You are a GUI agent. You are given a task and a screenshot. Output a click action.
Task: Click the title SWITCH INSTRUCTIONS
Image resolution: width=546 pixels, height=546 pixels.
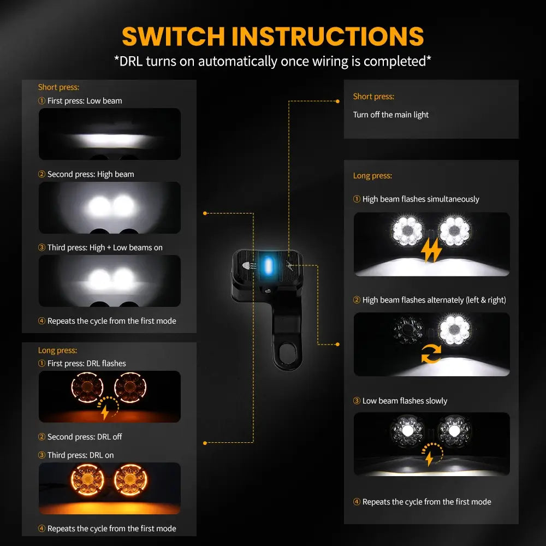[272, 36]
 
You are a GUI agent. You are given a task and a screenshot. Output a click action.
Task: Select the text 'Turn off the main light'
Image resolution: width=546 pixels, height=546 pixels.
[390, 115]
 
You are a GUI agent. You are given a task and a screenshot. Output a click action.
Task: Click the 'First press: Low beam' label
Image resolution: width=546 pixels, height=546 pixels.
[84, 100]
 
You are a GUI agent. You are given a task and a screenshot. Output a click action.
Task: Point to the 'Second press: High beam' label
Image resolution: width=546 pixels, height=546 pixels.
[90, 174]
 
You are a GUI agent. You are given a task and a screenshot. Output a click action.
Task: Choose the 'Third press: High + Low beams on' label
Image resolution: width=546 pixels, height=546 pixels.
[104, 247]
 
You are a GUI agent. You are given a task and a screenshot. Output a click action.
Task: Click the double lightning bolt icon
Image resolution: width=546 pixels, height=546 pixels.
[431, 250]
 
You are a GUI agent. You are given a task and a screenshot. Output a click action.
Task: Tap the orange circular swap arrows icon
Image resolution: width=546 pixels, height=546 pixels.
[431, 355]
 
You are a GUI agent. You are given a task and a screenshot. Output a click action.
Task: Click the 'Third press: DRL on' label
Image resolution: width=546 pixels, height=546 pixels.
[80, 455]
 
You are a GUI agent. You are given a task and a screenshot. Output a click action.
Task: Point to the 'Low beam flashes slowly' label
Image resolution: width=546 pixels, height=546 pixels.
[404, 401]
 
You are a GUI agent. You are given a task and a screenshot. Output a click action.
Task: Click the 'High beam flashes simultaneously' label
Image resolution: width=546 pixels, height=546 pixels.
[420, 199]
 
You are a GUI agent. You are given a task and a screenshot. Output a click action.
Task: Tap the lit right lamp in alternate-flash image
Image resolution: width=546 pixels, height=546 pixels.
[455, 330]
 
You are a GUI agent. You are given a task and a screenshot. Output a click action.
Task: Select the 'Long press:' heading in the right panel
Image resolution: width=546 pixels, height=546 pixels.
[372, 176]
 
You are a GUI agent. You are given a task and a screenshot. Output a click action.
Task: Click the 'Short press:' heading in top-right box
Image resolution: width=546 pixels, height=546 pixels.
[373, 96]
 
